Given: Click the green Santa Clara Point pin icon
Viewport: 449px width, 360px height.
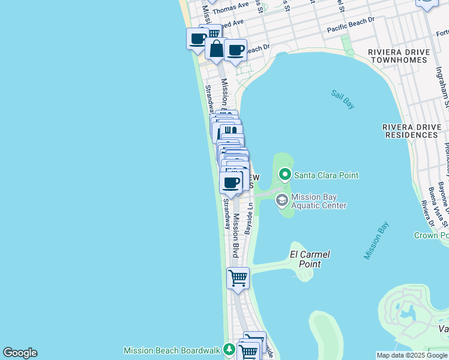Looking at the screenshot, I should point(285,175).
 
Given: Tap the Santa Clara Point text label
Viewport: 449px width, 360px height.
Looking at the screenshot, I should point(325,175).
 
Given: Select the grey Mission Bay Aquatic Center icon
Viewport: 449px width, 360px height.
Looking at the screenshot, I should point(281,200).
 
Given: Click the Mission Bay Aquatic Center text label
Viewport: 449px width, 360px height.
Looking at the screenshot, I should point(319,201).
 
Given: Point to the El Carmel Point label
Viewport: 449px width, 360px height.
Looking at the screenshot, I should point(310,259).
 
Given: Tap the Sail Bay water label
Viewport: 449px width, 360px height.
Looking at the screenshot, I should point(343,100).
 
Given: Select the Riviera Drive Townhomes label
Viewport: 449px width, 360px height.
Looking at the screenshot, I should point(399,56).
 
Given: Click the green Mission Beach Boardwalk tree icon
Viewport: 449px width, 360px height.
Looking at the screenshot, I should point(228,350).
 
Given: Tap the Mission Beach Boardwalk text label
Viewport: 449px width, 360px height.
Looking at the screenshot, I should point(172,350).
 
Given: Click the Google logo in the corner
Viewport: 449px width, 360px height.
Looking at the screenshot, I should point(20,353).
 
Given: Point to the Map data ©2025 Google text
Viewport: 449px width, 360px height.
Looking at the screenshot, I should point(412,355).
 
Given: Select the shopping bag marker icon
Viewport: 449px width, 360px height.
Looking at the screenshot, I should point(216,48).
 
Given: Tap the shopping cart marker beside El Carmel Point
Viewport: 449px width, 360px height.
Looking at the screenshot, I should point(238,278).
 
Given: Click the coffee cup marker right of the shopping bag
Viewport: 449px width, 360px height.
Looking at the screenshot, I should point(236,50).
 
